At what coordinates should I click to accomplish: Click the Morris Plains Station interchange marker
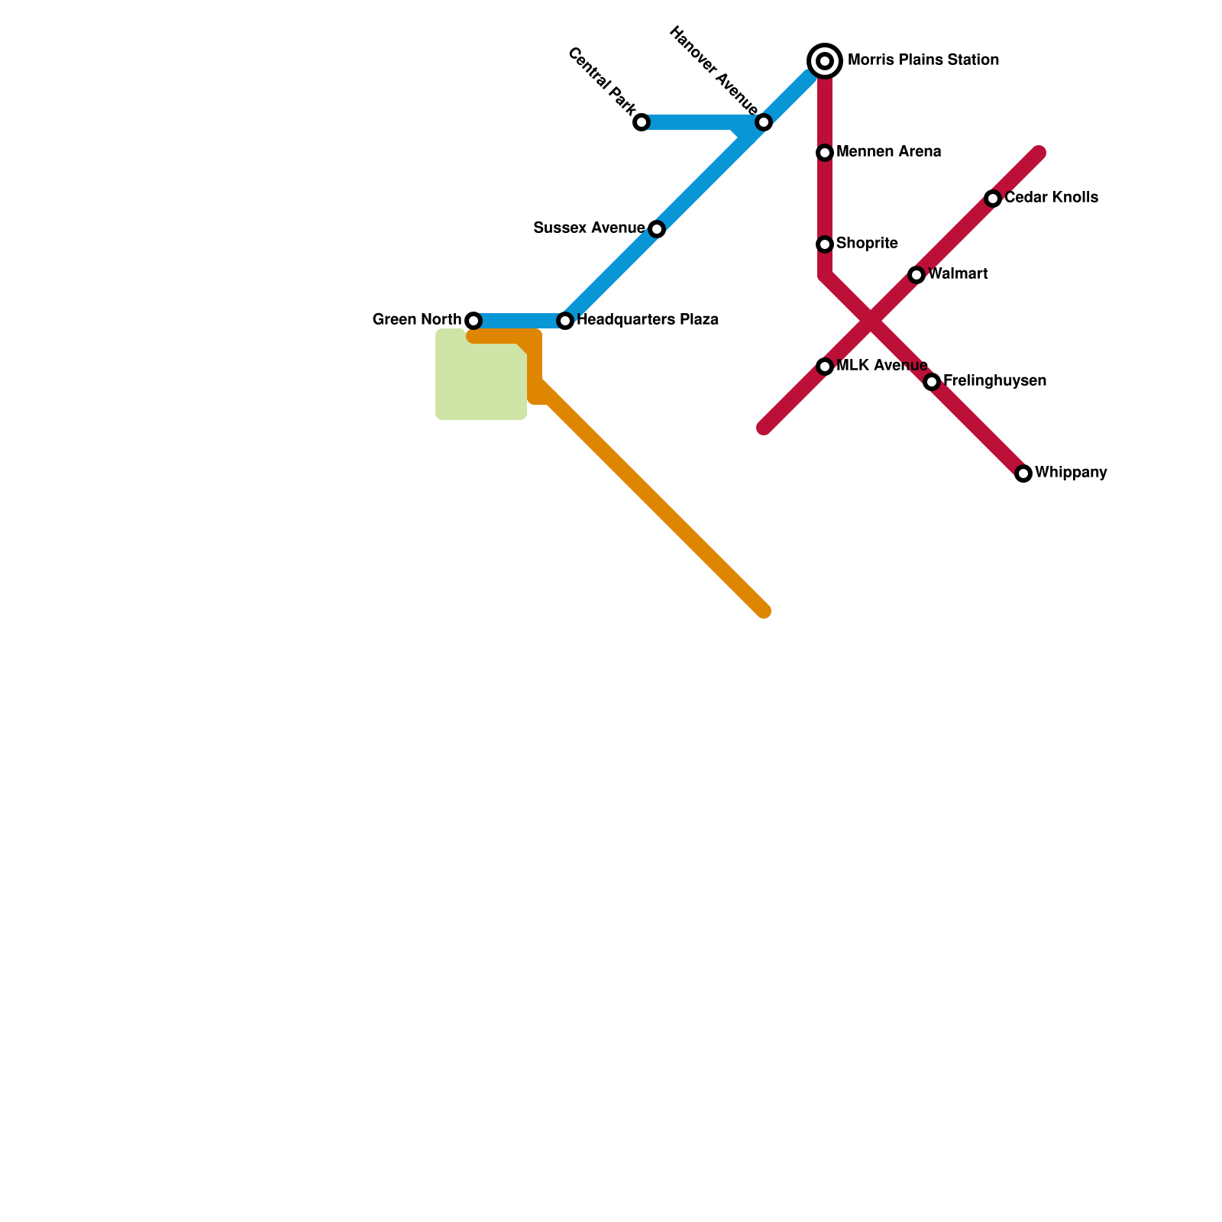click(825, 60)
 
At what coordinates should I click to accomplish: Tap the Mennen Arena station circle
click(825, 153)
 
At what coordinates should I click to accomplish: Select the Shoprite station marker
click(825, 244)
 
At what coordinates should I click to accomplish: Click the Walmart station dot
click(916, 275)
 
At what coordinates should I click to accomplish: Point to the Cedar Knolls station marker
click(993, 199)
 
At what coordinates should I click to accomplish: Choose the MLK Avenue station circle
click(825, 367)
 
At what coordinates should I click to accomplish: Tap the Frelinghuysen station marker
click(932, 382)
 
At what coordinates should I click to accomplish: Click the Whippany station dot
click(1023, 474)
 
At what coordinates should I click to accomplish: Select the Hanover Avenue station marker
click(764, 122)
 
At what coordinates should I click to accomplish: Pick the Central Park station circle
click(642, 122)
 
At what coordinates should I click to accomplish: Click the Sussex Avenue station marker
click(657, 229)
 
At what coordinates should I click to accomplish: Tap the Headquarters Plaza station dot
click(565, 321)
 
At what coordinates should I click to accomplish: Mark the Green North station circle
click(474, 321)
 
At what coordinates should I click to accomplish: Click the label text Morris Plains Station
click(923, 60)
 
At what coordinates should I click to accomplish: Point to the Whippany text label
click(1071, 473)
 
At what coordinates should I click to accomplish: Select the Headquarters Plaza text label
click(648, 320)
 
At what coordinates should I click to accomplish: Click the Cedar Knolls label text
click(1051, 198)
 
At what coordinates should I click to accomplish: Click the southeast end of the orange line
click(763, 611)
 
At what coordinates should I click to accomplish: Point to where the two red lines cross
click(871, 321)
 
